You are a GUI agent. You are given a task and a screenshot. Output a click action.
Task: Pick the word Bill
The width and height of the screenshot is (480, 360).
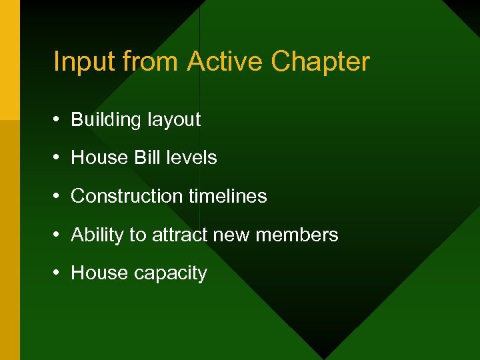click(147, 158)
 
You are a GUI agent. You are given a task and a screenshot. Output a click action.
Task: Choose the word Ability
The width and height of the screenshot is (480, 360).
click(97, 235)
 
